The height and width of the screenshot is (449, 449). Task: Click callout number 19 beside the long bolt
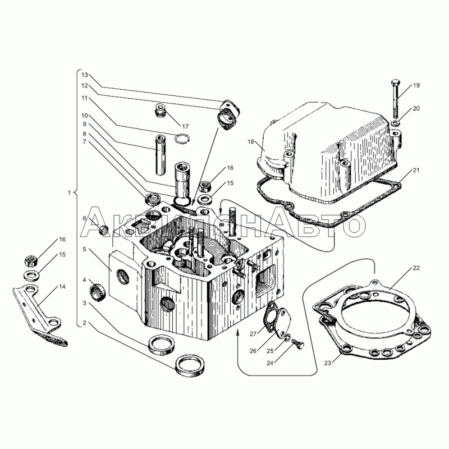[x=416, y=85]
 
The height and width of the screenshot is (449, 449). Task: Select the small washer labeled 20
[x=396, y=123]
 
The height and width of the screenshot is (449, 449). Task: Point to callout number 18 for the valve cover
[x=251, y=142]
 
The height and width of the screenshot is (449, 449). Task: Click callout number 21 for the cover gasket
[x=416, y=170]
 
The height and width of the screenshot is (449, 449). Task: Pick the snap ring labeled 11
[x=182, y=139]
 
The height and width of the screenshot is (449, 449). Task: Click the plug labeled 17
[x=161, y=111]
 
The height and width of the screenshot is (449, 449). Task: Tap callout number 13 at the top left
[x=84, y=75]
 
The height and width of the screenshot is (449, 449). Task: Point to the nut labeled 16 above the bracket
[x=31, y=261]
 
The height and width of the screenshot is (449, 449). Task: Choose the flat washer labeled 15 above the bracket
[x=31, y=276]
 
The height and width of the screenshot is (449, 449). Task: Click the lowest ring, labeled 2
[x=190, y=364]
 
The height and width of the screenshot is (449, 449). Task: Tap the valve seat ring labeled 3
[x=162, y=343]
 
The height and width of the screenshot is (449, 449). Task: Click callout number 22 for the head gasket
[x=416, y=268]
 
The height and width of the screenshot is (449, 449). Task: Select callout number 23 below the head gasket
[x=327, y=363]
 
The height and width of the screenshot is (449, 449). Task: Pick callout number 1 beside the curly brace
[x=69, y=193]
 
